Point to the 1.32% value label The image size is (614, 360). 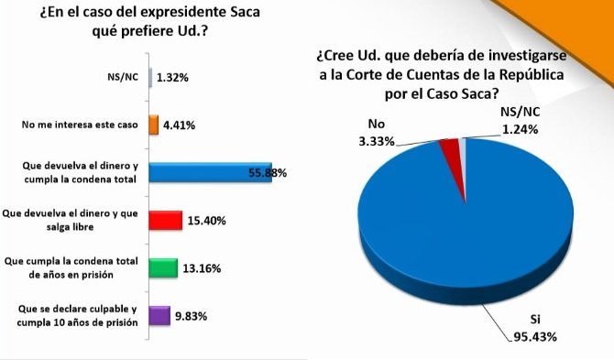coord(173,78)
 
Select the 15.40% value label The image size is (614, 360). coord(206,221)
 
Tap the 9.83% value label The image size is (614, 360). coord(192,316)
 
